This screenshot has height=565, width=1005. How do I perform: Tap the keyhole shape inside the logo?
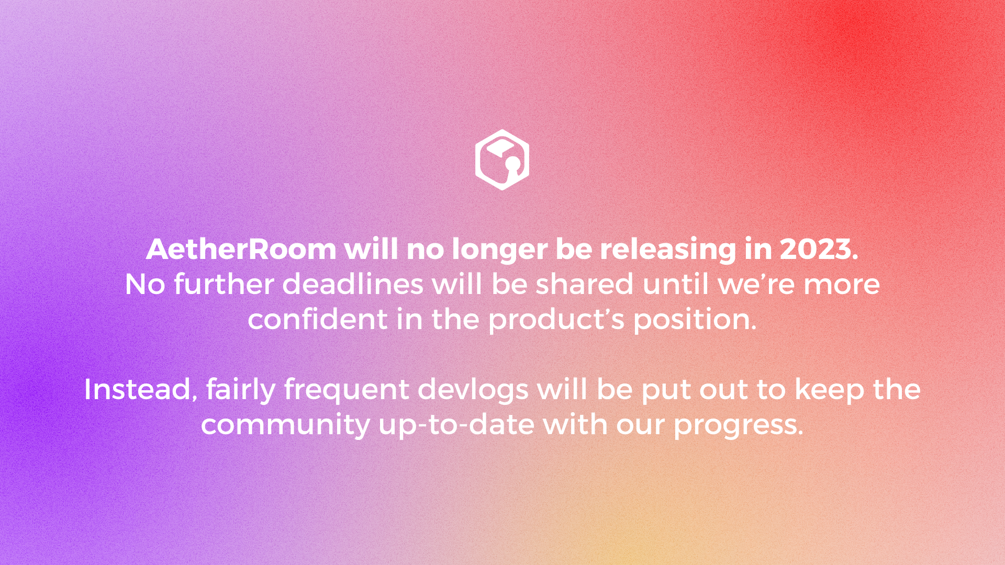(x=513, y=166)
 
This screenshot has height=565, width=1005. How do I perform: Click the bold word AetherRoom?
(x=241, y=249)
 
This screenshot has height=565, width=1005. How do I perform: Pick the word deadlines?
(x=353, y=284)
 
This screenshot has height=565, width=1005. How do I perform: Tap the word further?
(x=224, y=284)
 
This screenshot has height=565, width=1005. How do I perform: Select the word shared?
(x=585, y=284)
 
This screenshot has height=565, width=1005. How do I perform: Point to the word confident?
(x=318, y=319)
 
